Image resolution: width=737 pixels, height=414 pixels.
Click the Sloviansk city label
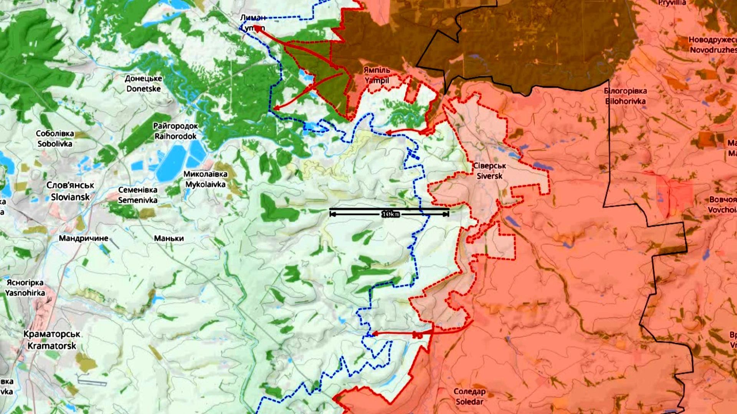tap(70, 191)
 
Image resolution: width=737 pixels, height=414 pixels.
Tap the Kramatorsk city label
tap(52, 340)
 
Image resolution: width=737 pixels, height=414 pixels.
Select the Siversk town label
tap(489, 171)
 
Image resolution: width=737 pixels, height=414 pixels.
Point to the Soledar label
tap(469, 397)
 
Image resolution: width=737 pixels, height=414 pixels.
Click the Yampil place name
tap(377, 75)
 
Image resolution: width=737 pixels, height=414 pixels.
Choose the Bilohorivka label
tap(625, 96)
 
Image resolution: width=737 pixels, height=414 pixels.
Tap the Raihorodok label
tap(175, 131)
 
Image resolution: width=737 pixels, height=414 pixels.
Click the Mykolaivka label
tap(205, 179)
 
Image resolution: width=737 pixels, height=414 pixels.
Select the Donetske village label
tap(143, 83)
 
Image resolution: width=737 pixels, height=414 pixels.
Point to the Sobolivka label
tap(55, 139)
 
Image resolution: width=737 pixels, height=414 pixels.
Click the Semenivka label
tap(137, 195)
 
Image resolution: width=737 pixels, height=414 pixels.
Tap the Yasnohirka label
tap(25, 288)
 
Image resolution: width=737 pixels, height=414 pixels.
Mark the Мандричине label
tap(83, 238)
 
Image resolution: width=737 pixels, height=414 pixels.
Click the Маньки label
tap(169, 238)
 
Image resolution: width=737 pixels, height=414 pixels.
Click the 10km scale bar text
tap(391, 214)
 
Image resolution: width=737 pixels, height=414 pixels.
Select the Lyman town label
tap(253, 22)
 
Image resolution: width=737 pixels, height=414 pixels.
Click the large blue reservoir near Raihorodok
tap(171, 163)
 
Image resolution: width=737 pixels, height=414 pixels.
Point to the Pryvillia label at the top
tap(672, 3)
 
